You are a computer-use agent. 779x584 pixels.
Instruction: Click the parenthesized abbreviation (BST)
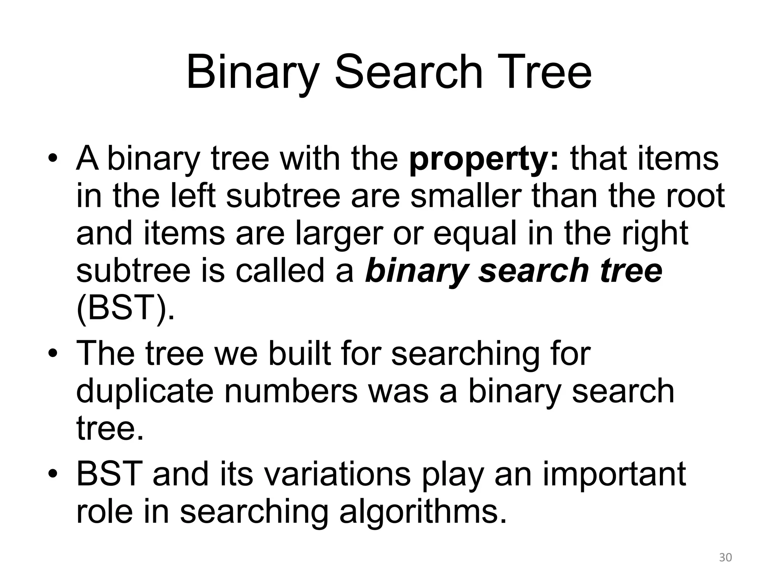[x=126, y=308]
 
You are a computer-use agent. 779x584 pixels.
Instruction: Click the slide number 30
[x=726, y=558]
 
